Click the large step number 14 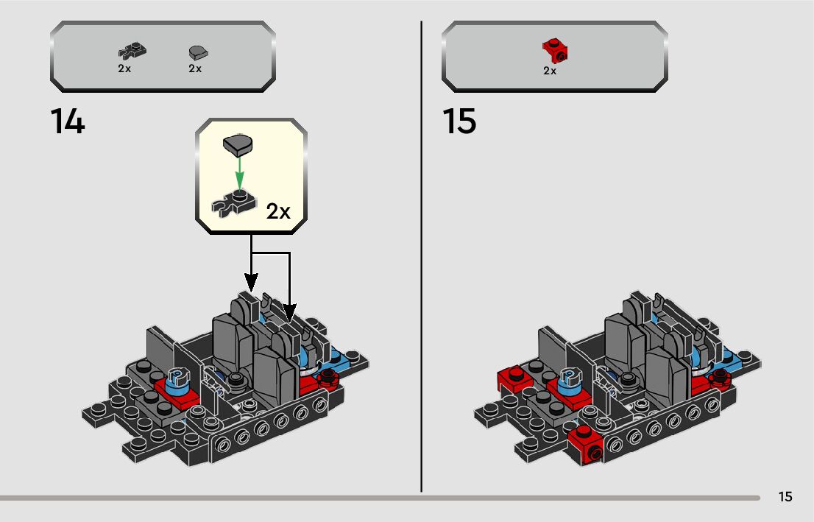[x=68, y=121]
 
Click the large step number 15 [x=459, y=121]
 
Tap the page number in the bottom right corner [x=785, y=497]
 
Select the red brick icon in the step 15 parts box [x=555, y=52]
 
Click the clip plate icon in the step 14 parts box [x=132, y=52]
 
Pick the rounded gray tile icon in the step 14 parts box [x=198, y=52]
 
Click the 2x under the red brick [x=550, y=71]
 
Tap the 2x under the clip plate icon [x=124, y=68]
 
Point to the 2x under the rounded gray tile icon [x=195, y=68]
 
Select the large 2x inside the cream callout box [x=278, y=212]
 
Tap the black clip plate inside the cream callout [x=233, y=205]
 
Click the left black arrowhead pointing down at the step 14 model [x=251, y=281]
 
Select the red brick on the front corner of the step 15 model [x=585, y=445]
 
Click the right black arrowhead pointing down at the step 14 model [x=289, y=312]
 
